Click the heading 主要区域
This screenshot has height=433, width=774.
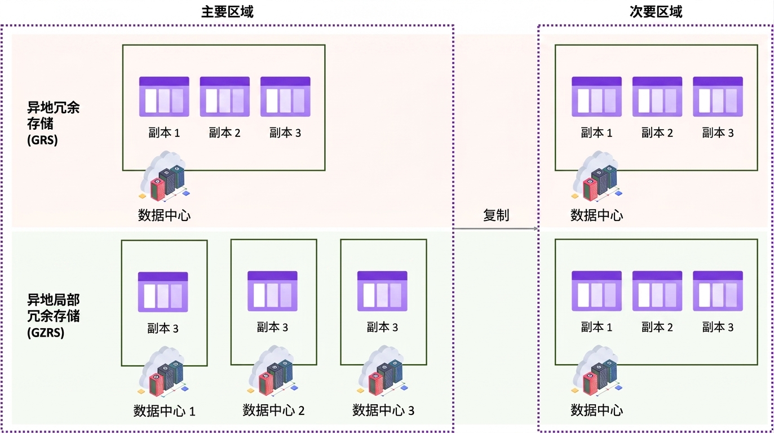[227, 12]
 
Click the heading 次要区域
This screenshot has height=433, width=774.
[656, 12]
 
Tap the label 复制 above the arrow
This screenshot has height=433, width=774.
[496, 215]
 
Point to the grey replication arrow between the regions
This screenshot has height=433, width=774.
[496, 228]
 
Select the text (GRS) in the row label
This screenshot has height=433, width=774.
[42, 140]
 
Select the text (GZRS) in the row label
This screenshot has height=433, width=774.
[46, 333]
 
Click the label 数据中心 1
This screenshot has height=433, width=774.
[164, 411]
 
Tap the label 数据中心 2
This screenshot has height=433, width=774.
[273, 410]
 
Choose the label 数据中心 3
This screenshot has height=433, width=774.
[383, 410]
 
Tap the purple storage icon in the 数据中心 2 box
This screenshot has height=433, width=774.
[272, 291]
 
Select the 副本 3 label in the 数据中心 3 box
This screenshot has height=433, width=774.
[382, 327]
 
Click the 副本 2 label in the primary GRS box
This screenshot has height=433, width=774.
[224, 132]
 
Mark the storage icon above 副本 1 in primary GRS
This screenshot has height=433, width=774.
[164, 96]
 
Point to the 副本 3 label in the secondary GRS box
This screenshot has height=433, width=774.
[718, 132]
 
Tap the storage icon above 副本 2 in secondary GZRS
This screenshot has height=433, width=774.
[657, 291]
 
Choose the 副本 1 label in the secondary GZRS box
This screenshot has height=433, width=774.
[596, 327]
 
